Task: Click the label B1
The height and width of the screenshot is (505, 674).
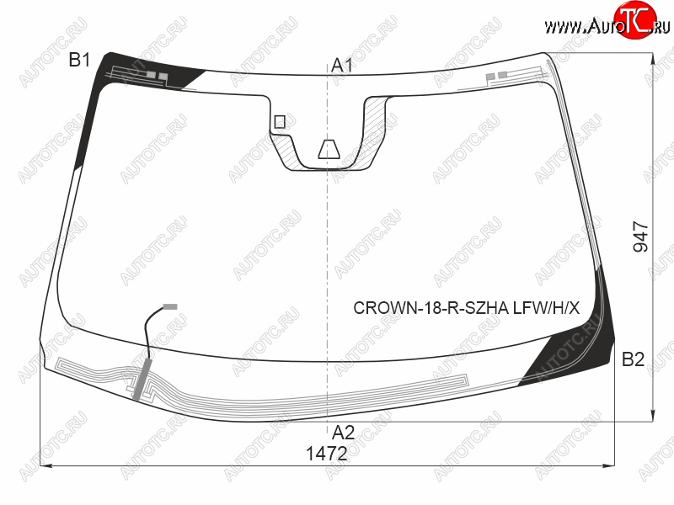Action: [x=79, y=60]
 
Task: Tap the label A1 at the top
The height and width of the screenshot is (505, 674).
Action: [x=342, y=66]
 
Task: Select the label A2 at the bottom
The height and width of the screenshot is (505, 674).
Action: [x=343, y=433]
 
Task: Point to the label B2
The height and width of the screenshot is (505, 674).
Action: [x=634, y=359]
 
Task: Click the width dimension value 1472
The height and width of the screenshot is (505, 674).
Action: [x=327, y=454]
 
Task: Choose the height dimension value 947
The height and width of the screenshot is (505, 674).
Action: [x=641, y=237]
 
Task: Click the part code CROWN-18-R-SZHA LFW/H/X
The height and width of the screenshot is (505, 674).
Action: [x=467, y=308]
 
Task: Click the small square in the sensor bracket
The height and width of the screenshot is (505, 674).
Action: [x=280, y=122]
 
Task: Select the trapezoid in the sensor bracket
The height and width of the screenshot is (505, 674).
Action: [x=329, y=149]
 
